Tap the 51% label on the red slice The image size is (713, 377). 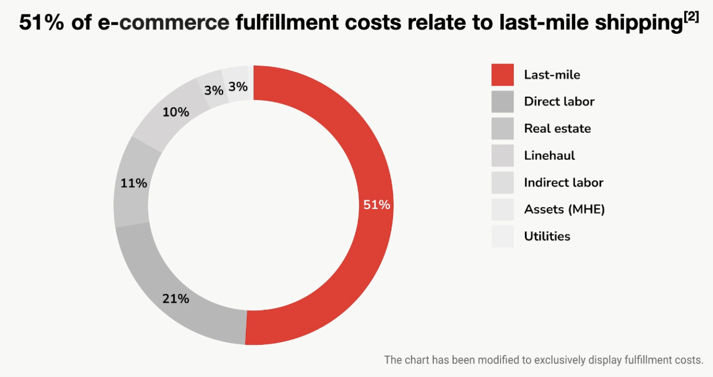click(376, 205)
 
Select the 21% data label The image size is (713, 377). click(175, 299)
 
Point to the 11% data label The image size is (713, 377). click(134, 183)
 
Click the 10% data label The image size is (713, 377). click(175, 112)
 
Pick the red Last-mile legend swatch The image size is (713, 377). click(502, 75)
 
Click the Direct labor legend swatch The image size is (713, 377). click(502, 102)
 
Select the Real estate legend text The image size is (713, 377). click(557, 128)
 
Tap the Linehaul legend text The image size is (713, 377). click(549, 155)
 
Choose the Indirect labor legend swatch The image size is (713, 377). click(502, 182)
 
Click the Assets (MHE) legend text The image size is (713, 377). click(564, 209)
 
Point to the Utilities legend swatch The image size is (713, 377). click(502, 236)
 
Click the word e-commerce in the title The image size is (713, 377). click(163, 23)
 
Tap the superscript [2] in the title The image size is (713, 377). click(691, 17)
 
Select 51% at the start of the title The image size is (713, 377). click(42, 22)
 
